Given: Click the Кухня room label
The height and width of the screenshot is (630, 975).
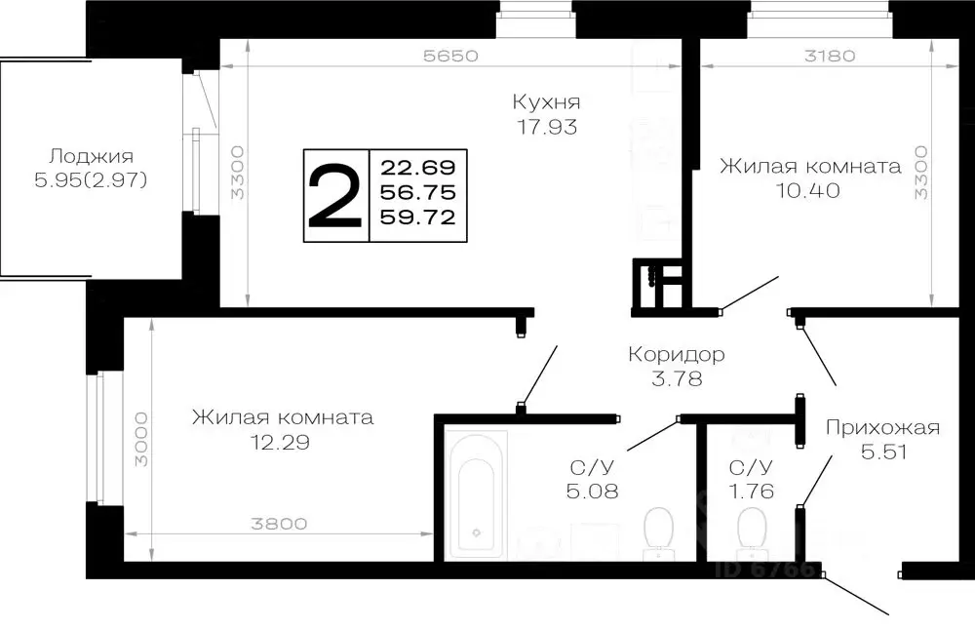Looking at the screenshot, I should (x=546, y=101).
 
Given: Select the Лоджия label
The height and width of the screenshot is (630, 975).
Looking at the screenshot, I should (x=91, y=156).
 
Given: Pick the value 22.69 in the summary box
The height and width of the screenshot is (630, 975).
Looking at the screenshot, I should (x=419, y=166).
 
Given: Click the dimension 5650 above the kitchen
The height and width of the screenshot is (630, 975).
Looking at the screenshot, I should (x=449, y=56).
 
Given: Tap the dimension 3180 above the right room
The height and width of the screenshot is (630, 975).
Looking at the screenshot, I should (x=830, y=56).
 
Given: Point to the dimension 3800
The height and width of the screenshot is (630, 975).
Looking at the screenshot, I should (x=279, y=524).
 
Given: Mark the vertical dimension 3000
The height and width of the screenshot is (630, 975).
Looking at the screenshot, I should (x=139, y=440).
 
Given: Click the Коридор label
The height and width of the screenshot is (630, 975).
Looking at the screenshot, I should (x=677, y=353).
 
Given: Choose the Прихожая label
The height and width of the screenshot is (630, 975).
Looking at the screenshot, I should (x=881, y=426).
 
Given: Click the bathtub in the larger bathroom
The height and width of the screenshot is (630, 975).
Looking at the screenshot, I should (x=476, y=495).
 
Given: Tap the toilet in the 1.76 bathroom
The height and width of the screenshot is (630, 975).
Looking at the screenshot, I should (x=752, y=532).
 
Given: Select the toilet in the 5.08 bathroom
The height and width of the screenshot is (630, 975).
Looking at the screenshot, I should (x=658, y=532).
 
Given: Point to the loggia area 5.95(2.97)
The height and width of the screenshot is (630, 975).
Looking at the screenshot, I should (x=91, y=180).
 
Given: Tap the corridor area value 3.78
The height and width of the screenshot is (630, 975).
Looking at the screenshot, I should (x=677, y=377).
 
